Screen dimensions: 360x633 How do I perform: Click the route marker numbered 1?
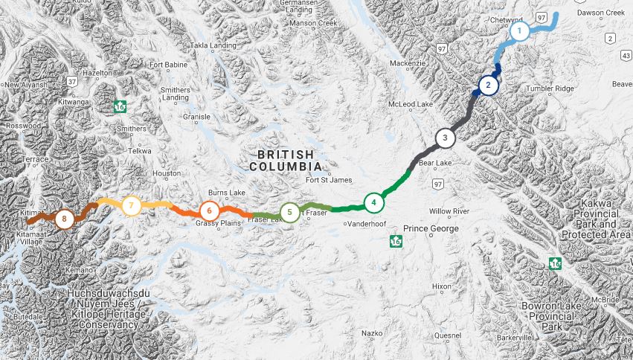pyautogui.click(x=519, y=31)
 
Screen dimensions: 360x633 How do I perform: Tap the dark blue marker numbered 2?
pyautogui.click(x=488, y=86)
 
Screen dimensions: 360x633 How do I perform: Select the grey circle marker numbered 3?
pyautogui.click(x=445, y=138)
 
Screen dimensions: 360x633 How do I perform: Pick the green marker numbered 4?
pyautogui.click(x=374, y=202)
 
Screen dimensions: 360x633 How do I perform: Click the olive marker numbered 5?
pyautogui.click(x=289, y=213)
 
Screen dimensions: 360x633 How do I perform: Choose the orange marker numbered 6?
pyautogui.click(x=210, y=210)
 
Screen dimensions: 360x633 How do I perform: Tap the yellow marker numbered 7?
pyautogui.click(x=131, y=205)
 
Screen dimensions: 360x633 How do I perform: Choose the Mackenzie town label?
pyautogui.click(x=408, y=64)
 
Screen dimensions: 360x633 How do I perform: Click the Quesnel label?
pyautogui.click(x=426, y=335)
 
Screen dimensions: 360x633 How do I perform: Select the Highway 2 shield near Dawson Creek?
pyautogui.click(x=611, y=38)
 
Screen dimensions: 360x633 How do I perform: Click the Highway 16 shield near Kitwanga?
pyautogui.click(x=120, y=107)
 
